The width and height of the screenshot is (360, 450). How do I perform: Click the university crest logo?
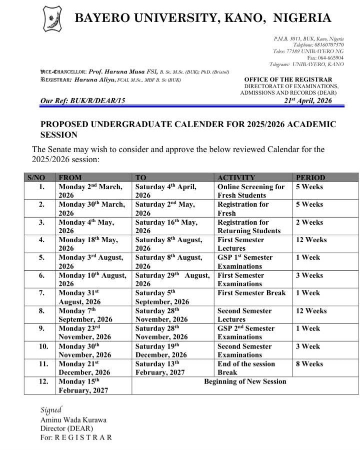(52, 20)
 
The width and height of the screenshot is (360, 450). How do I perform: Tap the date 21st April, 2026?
(307, 101)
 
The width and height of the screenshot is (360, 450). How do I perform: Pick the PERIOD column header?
(310, 177)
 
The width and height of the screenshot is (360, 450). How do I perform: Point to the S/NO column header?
(39, 177)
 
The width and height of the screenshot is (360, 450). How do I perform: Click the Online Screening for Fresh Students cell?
(251, 191)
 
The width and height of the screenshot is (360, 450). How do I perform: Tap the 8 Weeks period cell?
(309, 364)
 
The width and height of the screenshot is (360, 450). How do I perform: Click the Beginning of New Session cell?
(245, 381)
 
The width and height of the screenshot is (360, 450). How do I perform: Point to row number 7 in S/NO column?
(42, 293)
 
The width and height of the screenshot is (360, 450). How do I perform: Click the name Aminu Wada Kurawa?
(73, 420)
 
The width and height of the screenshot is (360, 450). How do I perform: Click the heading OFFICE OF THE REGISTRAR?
(288, 80)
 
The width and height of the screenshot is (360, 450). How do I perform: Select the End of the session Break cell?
(246, 368)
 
